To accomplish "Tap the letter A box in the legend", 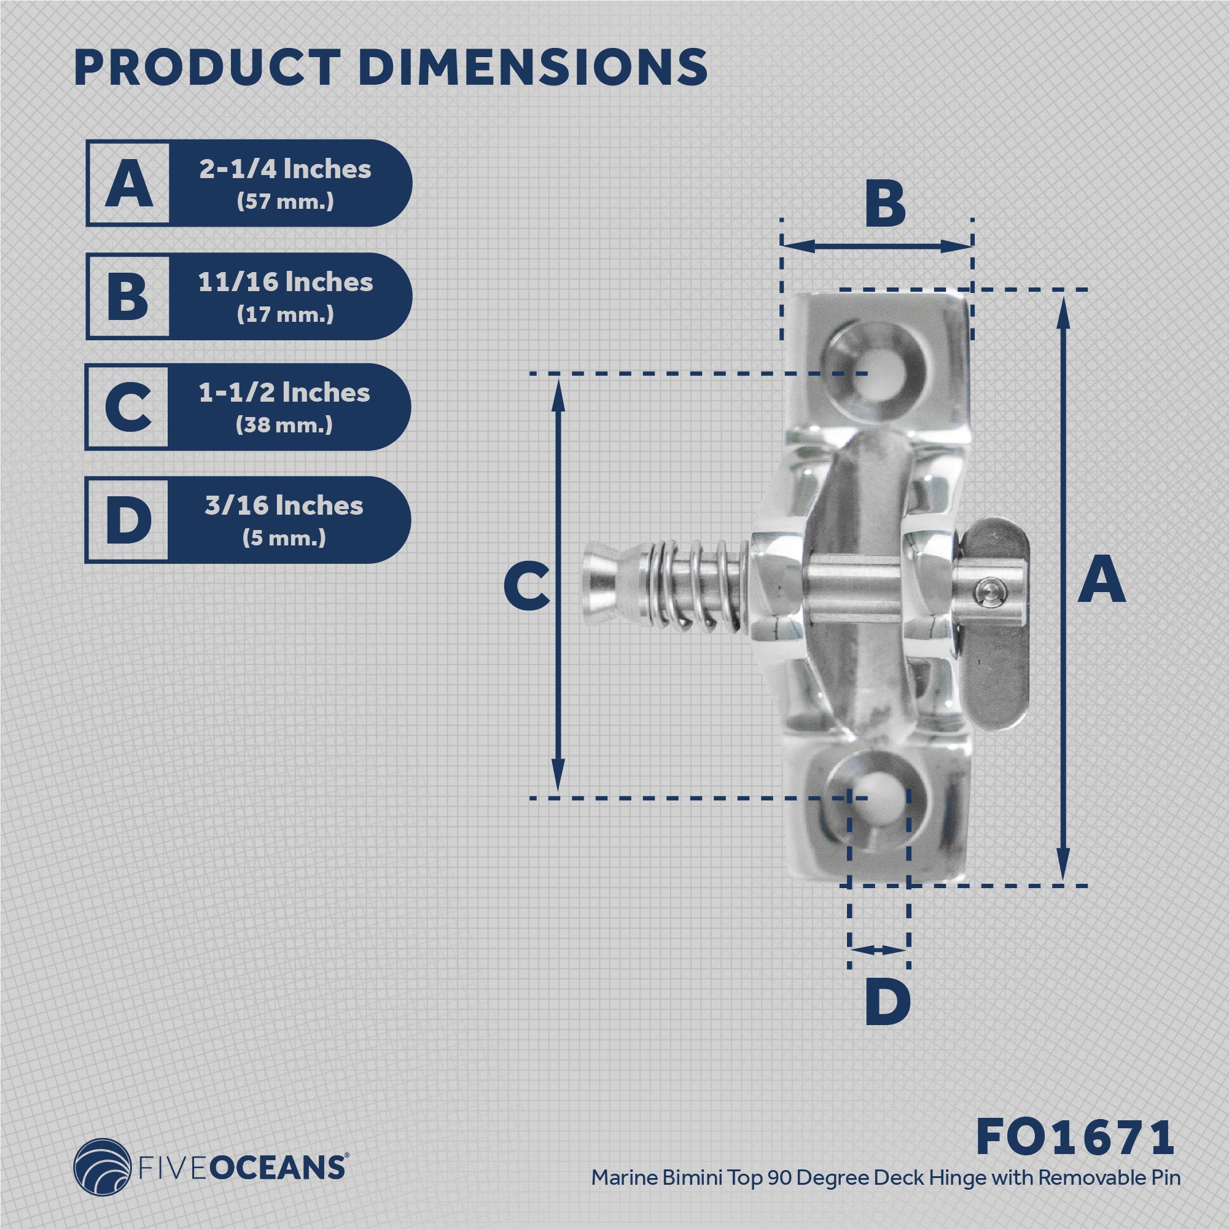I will [128, 183].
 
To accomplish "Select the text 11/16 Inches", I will [285, 282].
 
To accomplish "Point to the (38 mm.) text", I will [284, 424].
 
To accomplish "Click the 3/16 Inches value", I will [284, 505].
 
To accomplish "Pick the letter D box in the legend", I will [128, 520].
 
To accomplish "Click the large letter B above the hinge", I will [885, 206].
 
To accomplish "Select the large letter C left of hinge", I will [526, 587].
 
